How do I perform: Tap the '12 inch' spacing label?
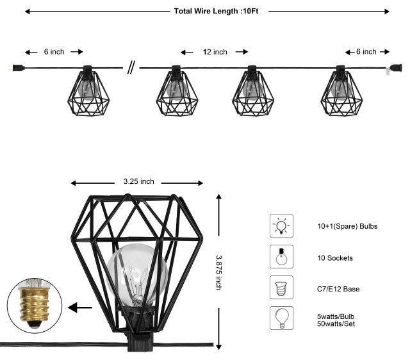tap(215, 53)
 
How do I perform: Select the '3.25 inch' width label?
tap(139, 181)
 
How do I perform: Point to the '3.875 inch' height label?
tap(218, 273)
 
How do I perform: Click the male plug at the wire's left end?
tap(15, 66)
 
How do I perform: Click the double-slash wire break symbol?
tap(131, 67)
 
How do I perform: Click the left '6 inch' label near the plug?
tap(54, 52)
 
